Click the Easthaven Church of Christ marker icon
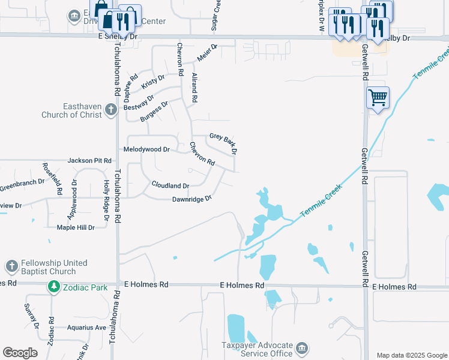(110, 110)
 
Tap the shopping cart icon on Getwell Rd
(378, 97)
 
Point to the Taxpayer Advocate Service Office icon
(303, 349)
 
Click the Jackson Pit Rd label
(90, 161)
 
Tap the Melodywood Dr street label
(146, 149)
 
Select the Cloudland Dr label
(170, 185)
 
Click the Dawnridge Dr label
(192, 199)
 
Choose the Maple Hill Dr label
(76, 227)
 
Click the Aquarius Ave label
(85, 328)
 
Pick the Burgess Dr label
(154, 111)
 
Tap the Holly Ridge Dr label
(106, 201)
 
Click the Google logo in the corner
(20, 353)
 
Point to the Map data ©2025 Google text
(411, 355)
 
